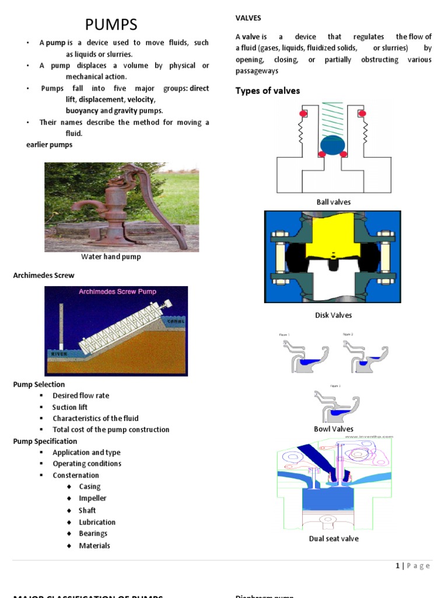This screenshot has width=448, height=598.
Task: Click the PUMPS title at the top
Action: pos(111,25)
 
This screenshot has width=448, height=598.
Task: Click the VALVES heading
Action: pos(248,19)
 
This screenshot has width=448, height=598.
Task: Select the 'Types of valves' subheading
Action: pos(267,91)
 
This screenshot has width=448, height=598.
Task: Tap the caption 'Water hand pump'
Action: pos(111,256)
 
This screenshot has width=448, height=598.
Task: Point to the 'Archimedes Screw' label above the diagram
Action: pos(44,275)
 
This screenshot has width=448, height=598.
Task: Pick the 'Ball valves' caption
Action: pos(334,202)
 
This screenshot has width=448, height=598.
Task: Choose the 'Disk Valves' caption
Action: pos(334,315)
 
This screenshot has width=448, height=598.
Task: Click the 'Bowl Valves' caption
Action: pos(334,429)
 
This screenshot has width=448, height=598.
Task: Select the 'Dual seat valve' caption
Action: pos(334,538)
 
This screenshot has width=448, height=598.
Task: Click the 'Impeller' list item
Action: pos(93,498)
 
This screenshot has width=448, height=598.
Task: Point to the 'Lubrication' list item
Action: pos(97,522)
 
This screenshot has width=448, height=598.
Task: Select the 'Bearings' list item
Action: pos(93,533)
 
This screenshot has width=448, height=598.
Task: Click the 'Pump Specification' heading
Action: pos(45,441)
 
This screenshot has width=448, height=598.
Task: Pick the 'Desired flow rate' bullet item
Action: pos(80,395)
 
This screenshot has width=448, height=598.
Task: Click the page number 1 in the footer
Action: pos(397,565)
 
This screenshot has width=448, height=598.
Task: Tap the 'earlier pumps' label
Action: pos(41,145)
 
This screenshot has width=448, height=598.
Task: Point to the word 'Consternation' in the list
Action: pos(76,475)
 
